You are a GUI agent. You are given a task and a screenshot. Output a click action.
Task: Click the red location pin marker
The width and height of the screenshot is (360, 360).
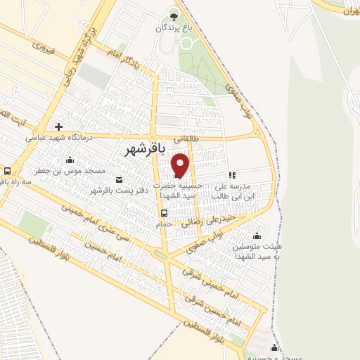pyautogui.click(x=181, y=165)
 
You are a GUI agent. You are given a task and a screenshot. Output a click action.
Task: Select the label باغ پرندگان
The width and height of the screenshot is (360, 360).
pyautogui.click(x=174, y=29)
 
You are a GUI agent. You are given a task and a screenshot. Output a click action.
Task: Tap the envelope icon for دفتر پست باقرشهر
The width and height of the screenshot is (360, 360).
pyautogui.click(x=117, y=179)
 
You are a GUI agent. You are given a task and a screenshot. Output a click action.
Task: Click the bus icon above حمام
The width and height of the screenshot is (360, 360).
pyautogui.click(x=164, y=214)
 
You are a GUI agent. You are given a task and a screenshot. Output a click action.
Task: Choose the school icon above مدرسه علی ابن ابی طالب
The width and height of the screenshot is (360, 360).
pyautogui.click(x=232, y=176)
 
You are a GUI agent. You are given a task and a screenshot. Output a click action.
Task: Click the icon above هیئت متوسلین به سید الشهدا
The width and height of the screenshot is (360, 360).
pyautogui.click(x=257, y=236)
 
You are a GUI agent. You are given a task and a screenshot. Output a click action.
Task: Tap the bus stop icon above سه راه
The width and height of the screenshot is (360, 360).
pyautogui.click(x=7, y=171)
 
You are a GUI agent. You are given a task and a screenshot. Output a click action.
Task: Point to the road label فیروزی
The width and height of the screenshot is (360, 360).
pyautogui.click(x=43, y=49)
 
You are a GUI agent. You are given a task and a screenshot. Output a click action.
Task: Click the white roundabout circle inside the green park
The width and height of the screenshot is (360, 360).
pyautogui.click(x=188, y=42)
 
